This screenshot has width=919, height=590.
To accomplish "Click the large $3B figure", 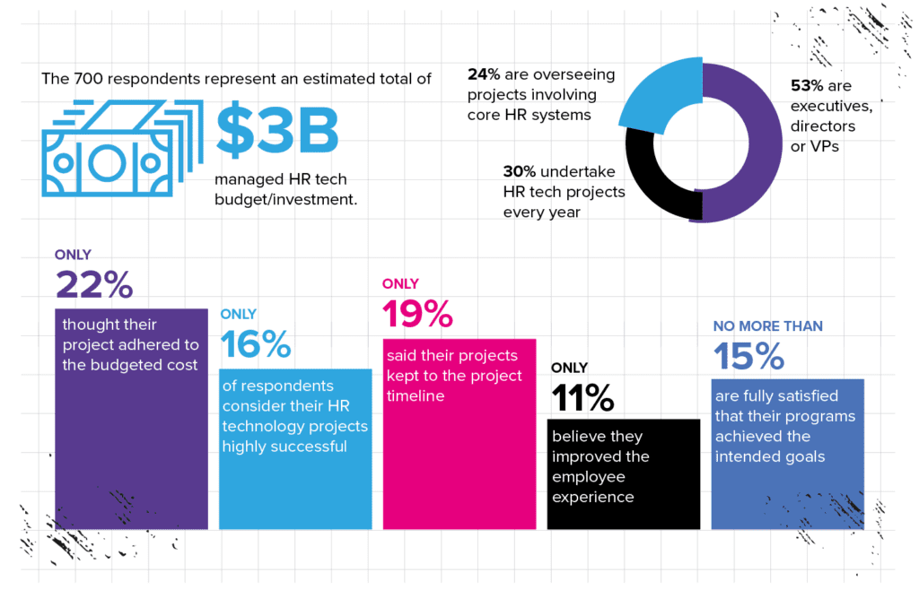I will point(278,131).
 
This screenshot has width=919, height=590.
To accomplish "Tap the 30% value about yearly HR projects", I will point(520,172).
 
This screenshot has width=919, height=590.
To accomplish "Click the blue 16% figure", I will point(256,344).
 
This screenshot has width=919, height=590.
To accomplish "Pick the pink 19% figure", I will point(418,314).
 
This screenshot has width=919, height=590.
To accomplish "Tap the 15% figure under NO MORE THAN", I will point(748,356).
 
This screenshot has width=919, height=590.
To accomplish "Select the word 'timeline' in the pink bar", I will point(416,395).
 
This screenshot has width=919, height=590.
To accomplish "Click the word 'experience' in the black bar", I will point(593,497).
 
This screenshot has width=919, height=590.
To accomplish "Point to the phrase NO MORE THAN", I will point(767,326).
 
